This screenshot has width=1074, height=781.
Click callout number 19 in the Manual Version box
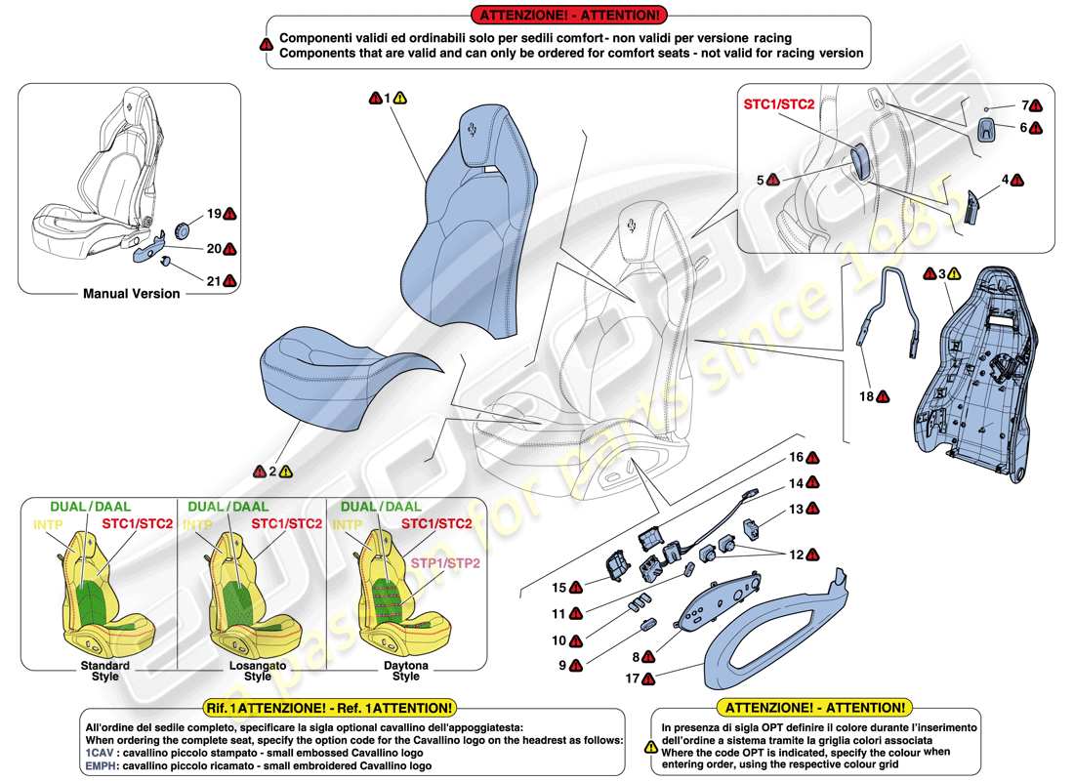[212, 213]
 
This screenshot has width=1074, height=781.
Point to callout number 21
[212, 281]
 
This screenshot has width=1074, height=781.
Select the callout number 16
[797, 457]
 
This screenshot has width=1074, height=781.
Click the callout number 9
[562, 665]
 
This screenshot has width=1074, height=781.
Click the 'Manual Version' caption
[131, 293]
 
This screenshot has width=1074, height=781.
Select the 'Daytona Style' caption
[405, 670]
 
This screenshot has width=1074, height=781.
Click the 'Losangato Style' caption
[257, 670]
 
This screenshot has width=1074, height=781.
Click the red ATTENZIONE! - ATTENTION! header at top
[568, 14]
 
